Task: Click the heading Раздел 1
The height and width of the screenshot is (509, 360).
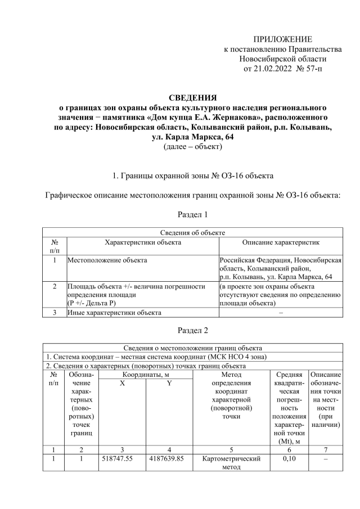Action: click(x=192, y=214)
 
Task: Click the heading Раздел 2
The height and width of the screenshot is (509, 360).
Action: click(x=192, y=331)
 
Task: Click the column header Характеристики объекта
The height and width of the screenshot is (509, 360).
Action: click(x=143, y=242)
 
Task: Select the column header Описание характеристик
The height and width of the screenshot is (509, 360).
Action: click(x=280, y=242)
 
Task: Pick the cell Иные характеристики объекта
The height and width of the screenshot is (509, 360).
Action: click(x=114, y=312)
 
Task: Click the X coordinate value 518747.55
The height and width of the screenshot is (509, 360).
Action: click(x=120, y=458)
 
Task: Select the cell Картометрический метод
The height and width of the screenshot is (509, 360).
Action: click(x=231, y=463)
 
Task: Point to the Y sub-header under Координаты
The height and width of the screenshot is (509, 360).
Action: click(x=169, y=383)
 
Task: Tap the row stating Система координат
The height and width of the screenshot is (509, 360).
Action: click(x=155, y=357)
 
